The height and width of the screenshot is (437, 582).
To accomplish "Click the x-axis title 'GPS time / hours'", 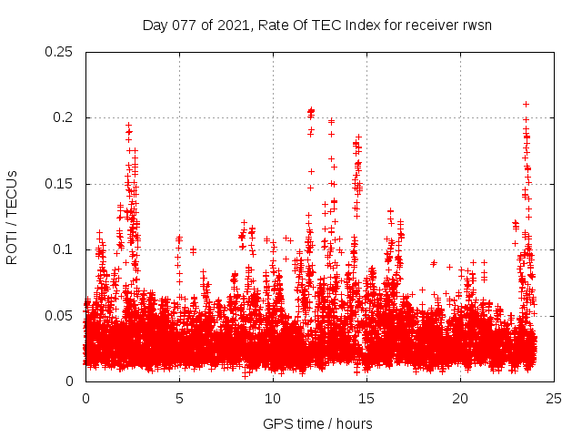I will pos(317,423).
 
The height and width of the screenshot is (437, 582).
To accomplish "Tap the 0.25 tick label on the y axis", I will pos(61,52).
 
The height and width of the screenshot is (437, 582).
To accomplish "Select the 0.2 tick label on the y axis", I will pos(65,118).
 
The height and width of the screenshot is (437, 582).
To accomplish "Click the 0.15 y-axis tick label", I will pos(61,184).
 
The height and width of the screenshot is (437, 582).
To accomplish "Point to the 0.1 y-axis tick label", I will pos(65,249).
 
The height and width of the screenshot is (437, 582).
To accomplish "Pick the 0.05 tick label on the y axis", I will pos(61,315).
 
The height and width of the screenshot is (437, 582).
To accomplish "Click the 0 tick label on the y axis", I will pos(71,381).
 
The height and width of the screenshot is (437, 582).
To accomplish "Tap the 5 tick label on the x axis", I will pos(179,399).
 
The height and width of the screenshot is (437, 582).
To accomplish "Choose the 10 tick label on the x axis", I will pos(273,399).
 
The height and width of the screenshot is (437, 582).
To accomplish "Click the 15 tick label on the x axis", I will pos(366,399).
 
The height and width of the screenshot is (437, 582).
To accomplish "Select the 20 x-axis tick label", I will pos(460,399).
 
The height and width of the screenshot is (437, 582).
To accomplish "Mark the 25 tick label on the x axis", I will pos(554,399).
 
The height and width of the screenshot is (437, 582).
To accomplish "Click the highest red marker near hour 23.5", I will pos(526,104).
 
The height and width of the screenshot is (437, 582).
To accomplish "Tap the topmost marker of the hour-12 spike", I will pos(311,110).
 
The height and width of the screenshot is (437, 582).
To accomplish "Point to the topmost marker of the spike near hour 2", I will pos(128,125).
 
